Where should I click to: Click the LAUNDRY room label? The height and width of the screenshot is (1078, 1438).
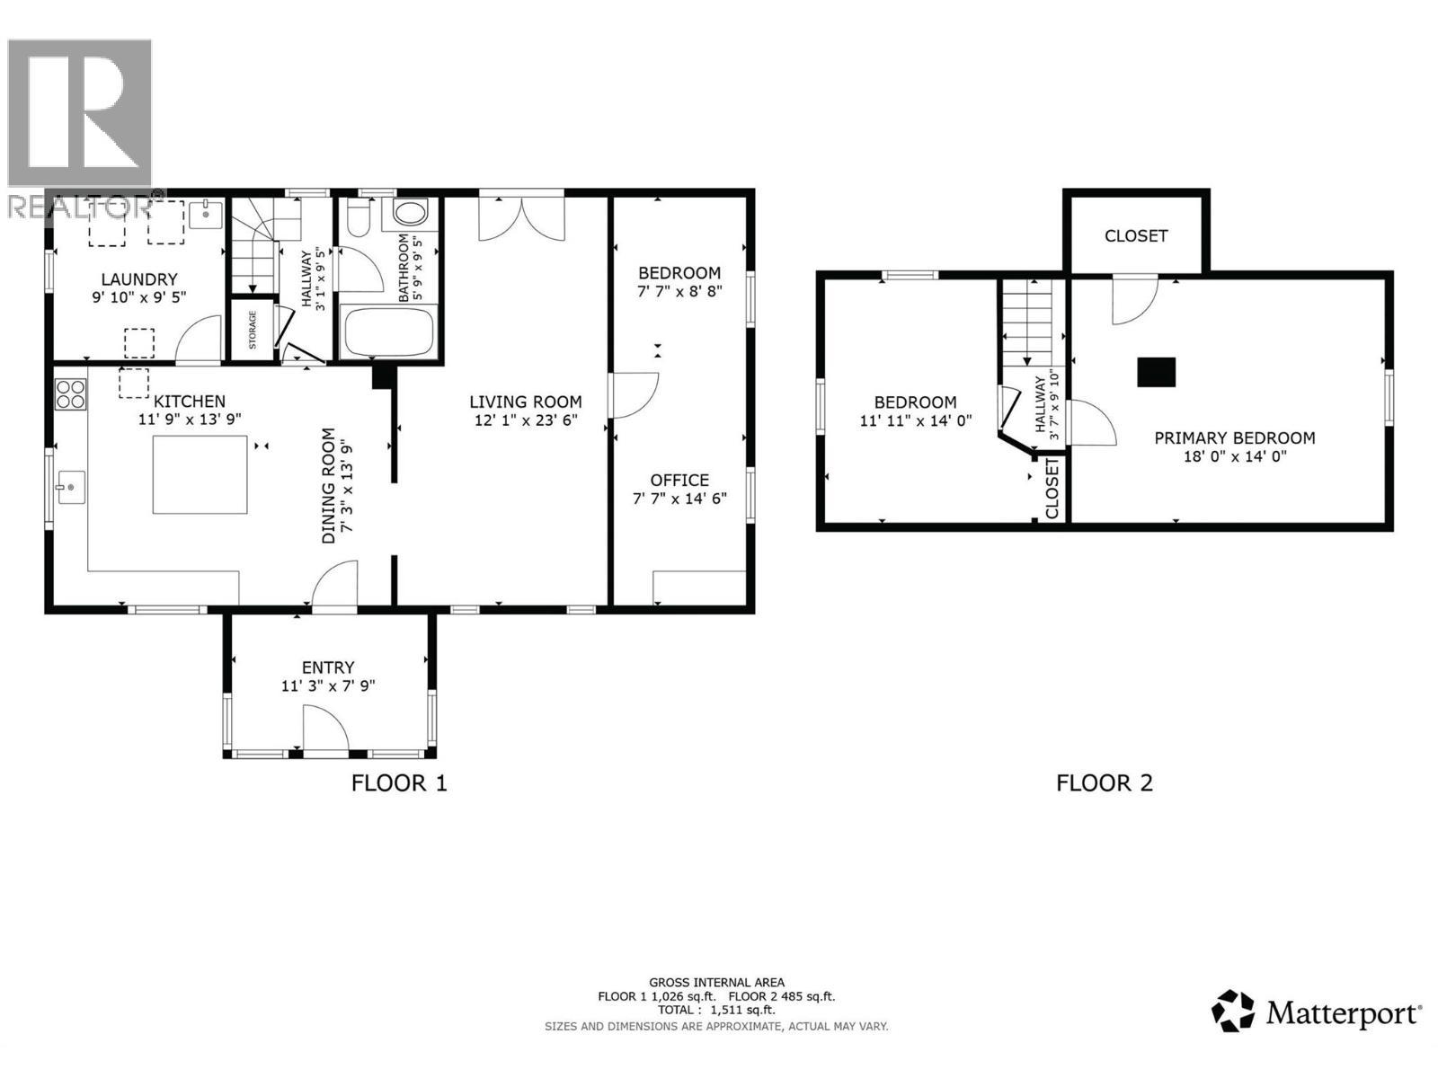pos(138,279)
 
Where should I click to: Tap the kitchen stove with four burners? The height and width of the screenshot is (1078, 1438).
pos(71,394)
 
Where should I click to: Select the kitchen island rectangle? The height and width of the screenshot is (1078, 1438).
pos(200,474)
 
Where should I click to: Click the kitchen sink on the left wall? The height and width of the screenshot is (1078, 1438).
pos(70,488)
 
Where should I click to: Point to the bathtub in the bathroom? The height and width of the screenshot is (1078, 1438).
pos(389,332)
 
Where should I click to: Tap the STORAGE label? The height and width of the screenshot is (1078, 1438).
pos(253,330)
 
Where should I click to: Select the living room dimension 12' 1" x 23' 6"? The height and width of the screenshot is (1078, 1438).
pos(525,420)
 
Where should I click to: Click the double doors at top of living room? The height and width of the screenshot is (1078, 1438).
pos(521,218)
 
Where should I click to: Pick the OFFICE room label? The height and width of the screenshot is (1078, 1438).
pos(679,480)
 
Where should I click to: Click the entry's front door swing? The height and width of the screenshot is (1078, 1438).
pos(324,728)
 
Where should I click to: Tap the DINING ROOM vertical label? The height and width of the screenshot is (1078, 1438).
pos(329,485)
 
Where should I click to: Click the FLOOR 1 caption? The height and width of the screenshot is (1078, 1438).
pos(398,783)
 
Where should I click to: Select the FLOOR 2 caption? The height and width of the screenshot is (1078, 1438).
pos(1104,783)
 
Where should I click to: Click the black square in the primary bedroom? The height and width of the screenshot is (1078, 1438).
pos(1156,372)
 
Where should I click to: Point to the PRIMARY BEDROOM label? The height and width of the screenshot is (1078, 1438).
pos(1234,437)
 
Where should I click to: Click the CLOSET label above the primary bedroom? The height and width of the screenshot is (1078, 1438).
pos(1135,235)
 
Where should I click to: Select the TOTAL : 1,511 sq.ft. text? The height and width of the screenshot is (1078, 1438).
pos(715,1010)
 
